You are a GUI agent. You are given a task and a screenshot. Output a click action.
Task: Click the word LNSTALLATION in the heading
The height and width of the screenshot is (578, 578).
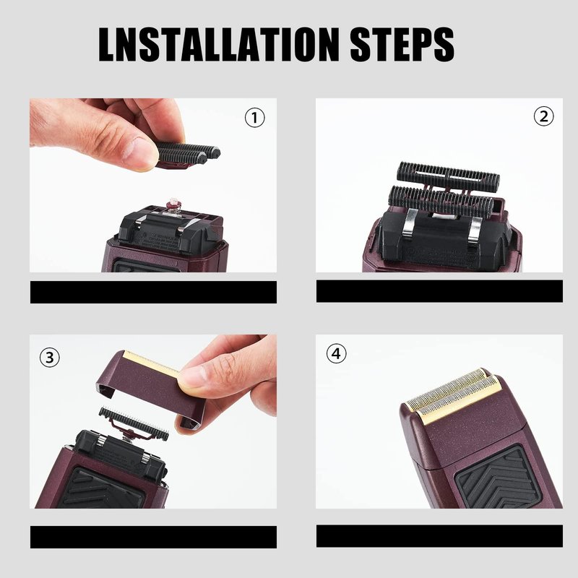(x=219, y=44)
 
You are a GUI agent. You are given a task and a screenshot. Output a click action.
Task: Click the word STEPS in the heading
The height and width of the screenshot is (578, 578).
(x=402, y=44)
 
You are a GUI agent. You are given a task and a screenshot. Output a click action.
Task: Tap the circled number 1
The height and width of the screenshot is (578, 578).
(x=255, y=118)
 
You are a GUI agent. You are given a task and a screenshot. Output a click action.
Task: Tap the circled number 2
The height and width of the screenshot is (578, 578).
(x=544, y=116)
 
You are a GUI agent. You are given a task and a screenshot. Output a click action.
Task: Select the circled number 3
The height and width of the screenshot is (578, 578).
(x=49, y=357)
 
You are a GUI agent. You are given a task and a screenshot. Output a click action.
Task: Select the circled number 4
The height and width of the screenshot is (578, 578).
(x=336, y=353)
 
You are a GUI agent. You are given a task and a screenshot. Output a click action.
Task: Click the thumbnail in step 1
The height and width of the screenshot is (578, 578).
(x=137, y=152)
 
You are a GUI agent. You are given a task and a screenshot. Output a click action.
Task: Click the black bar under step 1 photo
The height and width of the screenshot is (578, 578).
(x=153, y=292)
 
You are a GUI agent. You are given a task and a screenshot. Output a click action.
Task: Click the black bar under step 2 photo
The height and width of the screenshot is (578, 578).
(x=439, y=291)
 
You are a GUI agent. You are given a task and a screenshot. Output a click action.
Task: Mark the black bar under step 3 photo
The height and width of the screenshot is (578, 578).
(x=153, y=537)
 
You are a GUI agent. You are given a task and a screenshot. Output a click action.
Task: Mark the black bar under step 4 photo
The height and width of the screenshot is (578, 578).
(x=439, y=535)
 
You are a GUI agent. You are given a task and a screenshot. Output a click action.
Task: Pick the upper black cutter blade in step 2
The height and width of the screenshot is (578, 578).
(x=448, y=176)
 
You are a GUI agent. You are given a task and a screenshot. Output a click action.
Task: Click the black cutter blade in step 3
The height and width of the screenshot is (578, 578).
(x=134, y=423)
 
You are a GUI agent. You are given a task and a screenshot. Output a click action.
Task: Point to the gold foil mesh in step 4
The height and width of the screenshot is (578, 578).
(x=454, y=394)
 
